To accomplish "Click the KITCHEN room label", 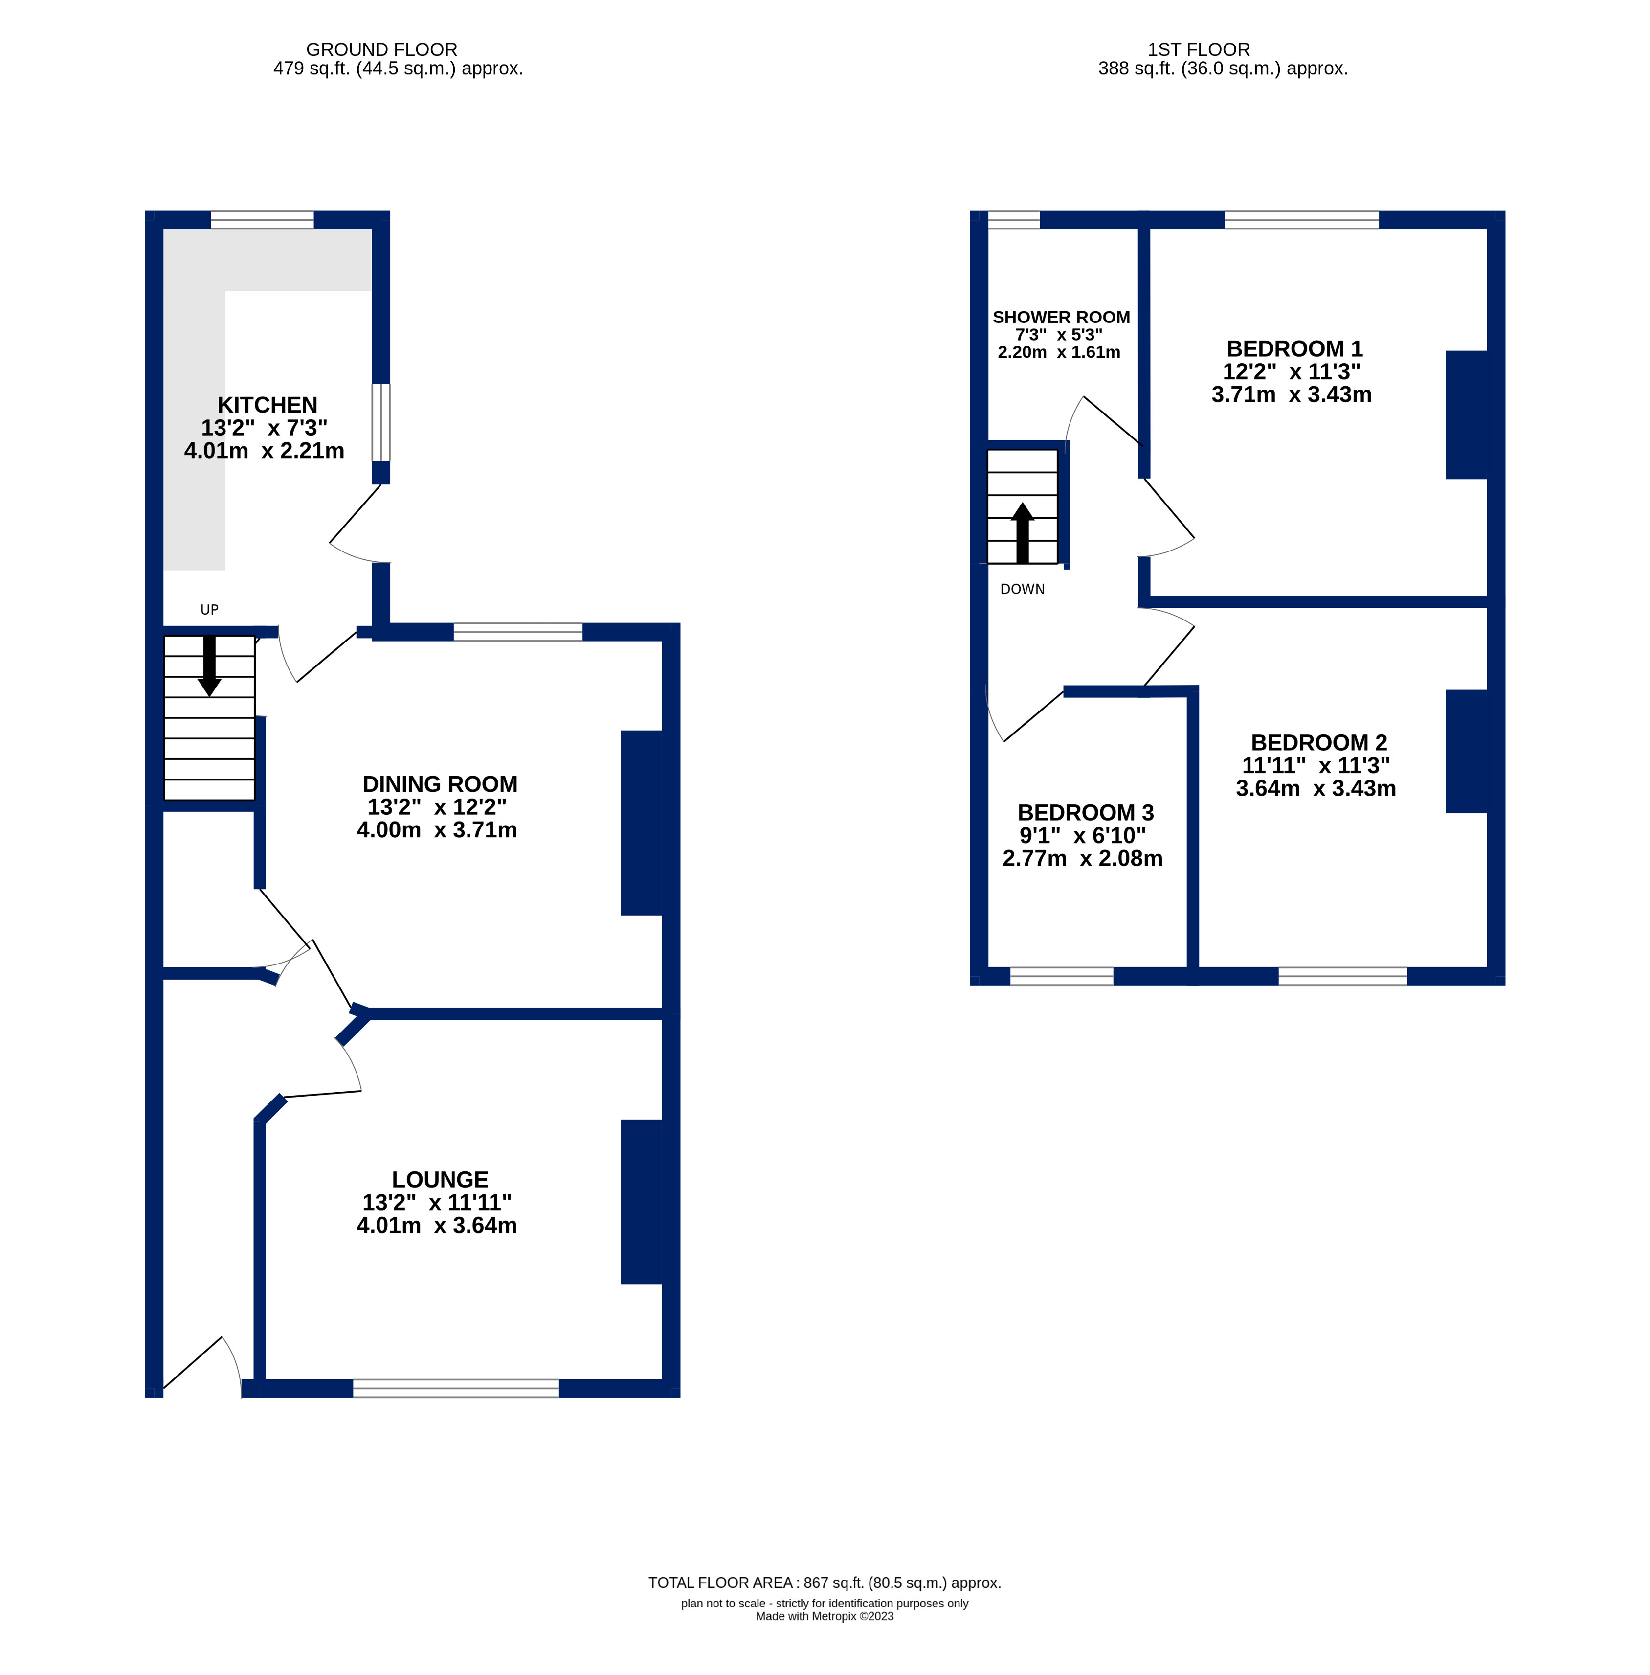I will [x=267, y=405].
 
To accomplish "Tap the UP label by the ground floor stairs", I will [x=209, y=610].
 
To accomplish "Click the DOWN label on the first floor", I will [x=1022, y=589].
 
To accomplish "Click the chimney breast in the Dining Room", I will [x=641, y=823].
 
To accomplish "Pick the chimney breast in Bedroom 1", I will [x=1466, y=414].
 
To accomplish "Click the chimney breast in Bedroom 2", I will [x=1466, y=751].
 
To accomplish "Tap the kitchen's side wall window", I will [x=380, y=422].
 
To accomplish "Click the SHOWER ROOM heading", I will [x=1061, y=317].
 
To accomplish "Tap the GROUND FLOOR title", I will [x=381, y=49].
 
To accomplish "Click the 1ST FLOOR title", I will [x=1199, y=49].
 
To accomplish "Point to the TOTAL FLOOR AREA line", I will [x=824, y=1582].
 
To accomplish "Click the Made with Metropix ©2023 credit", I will [x=824, y=1616].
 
